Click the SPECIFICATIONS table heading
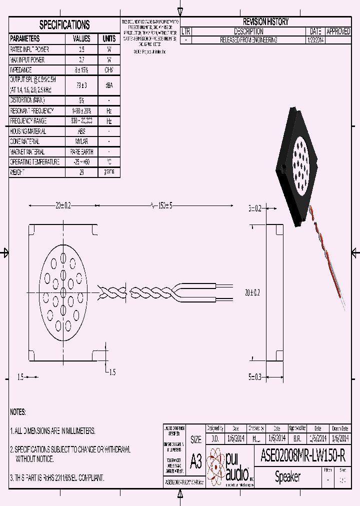[x=64, y=25]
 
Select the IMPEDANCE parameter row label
[x=21, y=70]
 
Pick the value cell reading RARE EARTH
[x=81, y=152]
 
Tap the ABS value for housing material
[x=81, y=131]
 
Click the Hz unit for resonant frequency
[x=109, y=111]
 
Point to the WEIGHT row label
[x=17, y=172]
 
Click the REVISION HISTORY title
[x=265, y=22]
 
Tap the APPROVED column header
[x=338, y=31]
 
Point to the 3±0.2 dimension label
[x=255, y=208]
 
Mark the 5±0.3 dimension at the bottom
[x=255, y=377]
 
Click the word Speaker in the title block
[x=288, y=477]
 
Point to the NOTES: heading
[x=18, y=412]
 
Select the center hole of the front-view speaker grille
[x=63, y=291]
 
